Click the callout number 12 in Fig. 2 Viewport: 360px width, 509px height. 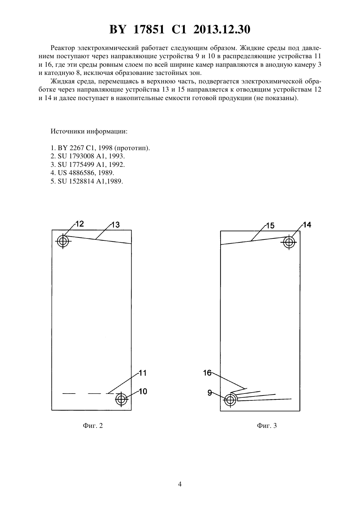point(80,224)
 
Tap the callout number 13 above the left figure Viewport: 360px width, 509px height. point(116,225)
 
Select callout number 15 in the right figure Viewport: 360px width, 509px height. point(270,226)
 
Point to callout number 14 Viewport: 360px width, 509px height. point(307,225)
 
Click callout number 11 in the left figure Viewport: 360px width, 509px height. point(142,373)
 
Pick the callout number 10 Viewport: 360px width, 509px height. point(143,391)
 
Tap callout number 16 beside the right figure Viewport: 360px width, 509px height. point(207,373)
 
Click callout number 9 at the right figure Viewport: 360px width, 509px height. point(210,393)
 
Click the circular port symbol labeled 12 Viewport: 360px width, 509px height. point(63,241)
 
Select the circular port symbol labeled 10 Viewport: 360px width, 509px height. point(121,399)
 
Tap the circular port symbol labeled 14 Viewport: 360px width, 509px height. point(289,242)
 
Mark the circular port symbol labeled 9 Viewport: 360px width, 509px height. point(230,400)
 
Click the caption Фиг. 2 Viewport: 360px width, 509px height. point(93,426)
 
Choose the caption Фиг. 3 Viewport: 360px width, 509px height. point(267,426)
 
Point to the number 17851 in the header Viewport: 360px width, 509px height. point(149,29)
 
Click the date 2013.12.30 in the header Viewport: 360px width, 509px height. point(222,29)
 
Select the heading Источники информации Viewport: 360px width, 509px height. point(89,132)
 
